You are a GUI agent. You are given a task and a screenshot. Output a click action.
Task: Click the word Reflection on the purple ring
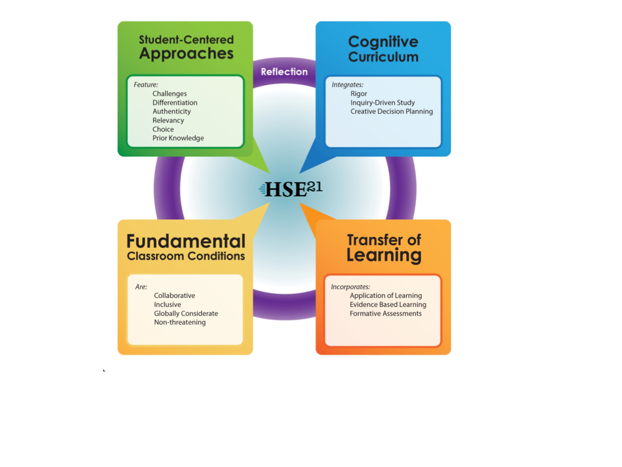[x=284, y=72]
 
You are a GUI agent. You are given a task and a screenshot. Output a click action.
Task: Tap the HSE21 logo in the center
[x=291, y=189]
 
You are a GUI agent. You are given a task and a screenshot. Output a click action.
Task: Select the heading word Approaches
[x=186, y=54]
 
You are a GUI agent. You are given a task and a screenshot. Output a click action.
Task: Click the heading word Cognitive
[x=383, y=42]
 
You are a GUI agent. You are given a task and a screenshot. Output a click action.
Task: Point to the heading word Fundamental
[x=186, y=241]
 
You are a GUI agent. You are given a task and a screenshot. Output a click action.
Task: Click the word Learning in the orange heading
[x=384, y=255]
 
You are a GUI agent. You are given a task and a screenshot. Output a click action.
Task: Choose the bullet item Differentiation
[x=175, y=103]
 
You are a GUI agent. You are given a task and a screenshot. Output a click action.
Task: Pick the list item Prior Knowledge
[x=178, y=138]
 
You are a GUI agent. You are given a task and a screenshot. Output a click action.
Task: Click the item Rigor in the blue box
[x=358, y=94]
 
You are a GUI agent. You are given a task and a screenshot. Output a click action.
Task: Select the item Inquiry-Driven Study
[x=383, y=103]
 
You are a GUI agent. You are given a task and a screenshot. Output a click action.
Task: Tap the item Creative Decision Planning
[x=392, y=111]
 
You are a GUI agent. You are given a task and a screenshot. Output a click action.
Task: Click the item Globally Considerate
[x=186, y=314]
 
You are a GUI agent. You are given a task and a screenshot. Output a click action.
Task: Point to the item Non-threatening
[x=180, y=322]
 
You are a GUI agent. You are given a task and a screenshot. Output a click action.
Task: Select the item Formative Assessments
[x=386, y=314]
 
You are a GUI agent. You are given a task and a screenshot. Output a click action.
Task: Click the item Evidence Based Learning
[x=388, y=305]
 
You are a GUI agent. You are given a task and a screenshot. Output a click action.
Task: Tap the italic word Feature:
[x=146, y=85]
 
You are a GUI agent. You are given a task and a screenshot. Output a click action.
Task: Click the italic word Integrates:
[x=347, y=85]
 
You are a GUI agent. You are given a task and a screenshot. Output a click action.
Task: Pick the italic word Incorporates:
[x=350, y=286]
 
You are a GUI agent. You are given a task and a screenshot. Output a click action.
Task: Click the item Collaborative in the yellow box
[x=174, y=296]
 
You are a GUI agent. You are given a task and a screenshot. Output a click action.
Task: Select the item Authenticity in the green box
[x=172, y=111]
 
